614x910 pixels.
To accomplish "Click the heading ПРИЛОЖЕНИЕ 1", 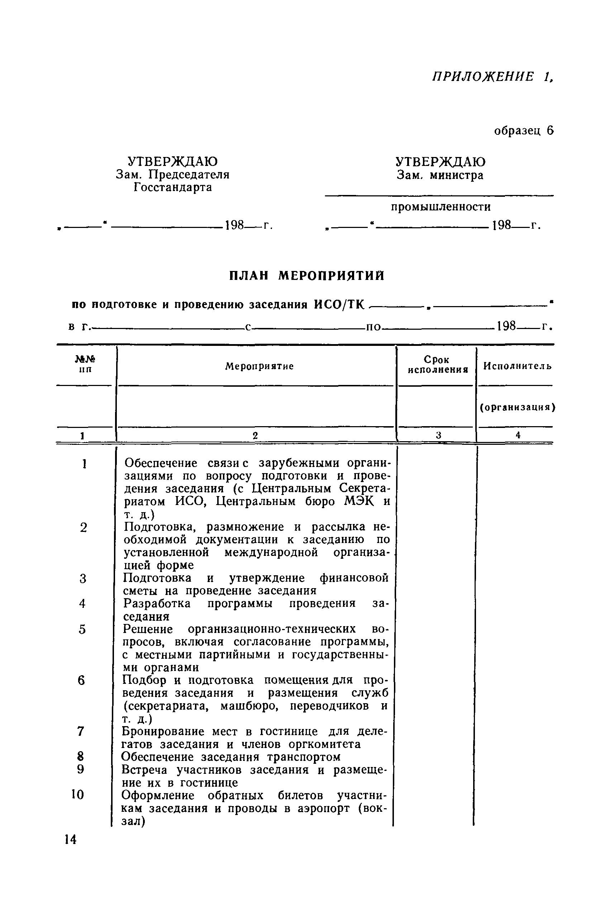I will [492, 76].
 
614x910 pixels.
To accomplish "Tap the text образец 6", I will [524, 130].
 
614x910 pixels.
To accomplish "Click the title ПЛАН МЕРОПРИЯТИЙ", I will [306, 276].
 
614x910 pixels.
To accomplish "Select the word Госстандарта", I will [173, 187].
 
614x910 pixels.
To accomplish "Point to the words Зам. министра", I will [440, 175].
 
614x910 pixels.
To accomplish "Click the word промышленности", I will [441, 207].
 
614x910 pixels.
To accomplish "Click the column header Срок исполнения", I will [438, 365].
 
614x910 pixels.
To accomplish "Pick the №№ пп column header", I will [85, 364].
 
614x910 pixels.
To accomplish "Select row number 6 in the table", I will [81, 681].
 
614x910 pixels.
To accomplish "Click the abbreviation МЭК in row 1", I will [359, 502].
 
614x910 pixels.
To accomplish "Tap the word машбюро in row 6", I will [250, 706].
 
